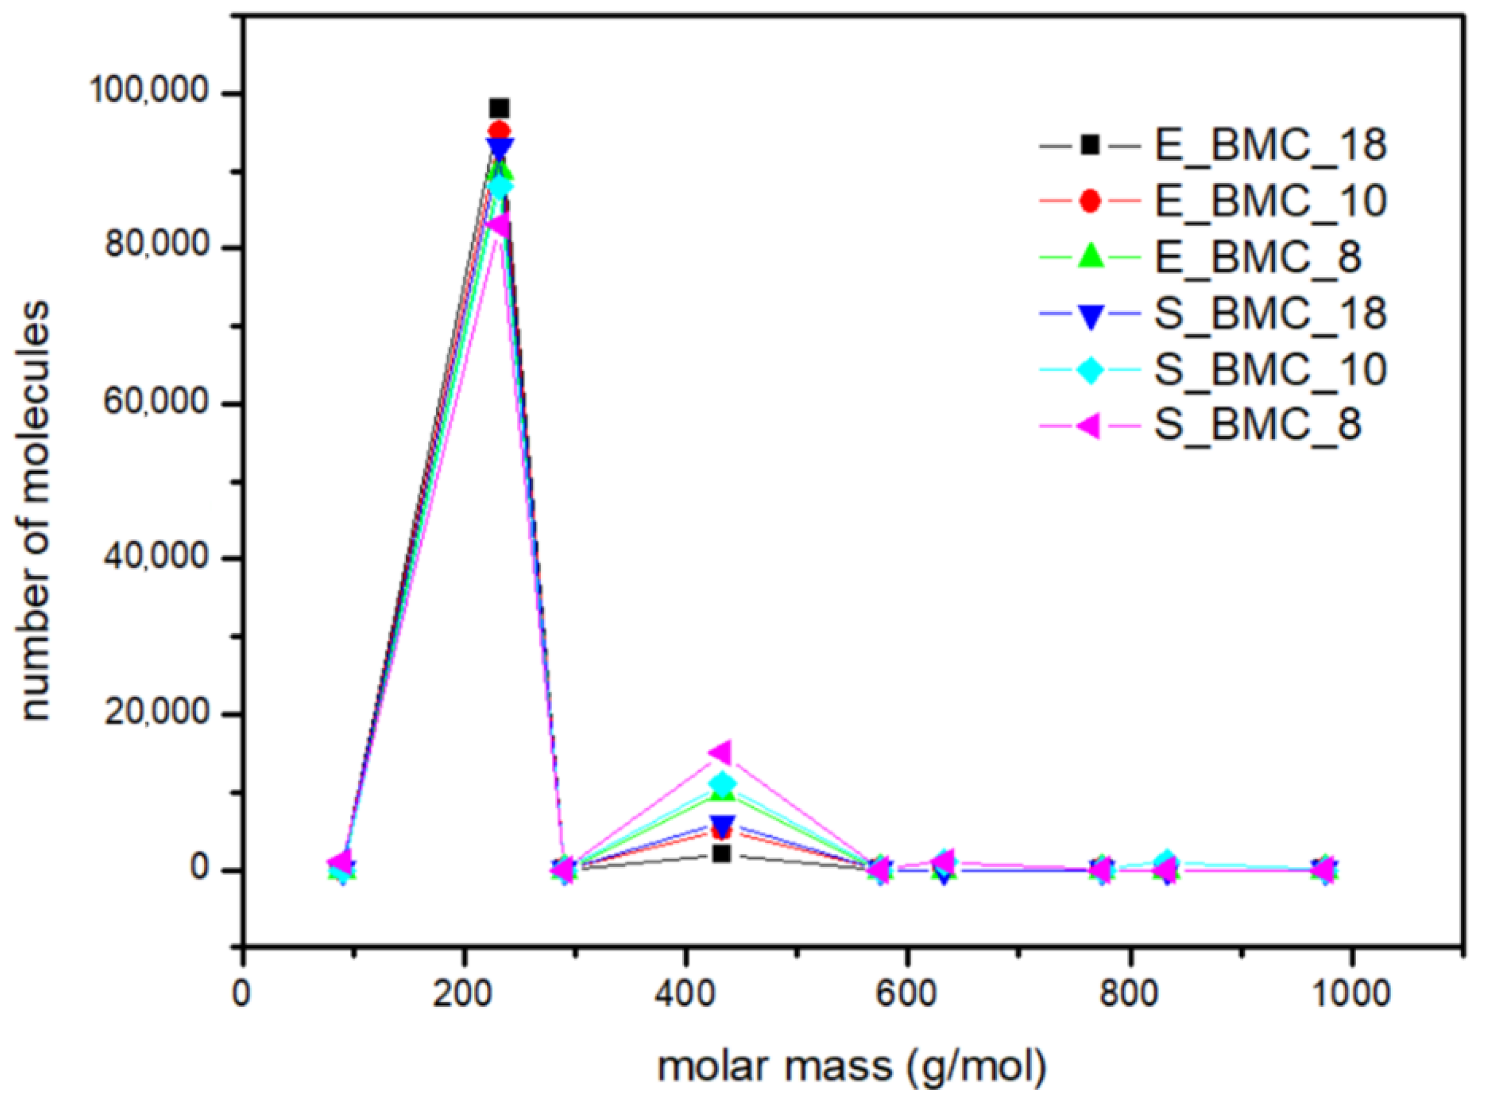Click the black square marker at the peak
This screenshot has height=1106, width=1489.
coord(499,108)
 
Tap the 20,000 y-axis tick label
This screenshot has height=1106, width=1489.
coord(158,714)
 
